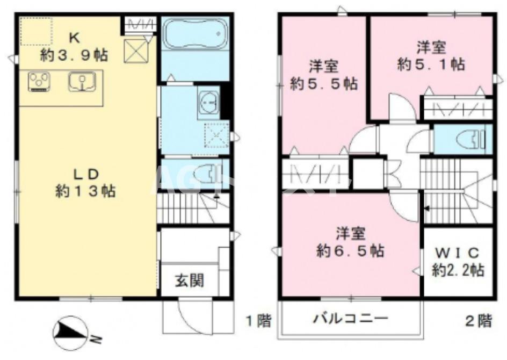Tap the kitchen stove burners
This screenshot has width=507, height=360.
coord(39,82)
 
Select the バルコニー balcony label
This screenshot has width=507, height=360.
coord(351,319)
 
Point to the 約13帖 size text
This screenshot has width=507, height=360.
coord(85,191)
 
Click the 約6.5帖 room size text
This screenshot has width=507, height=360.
coord(350,250)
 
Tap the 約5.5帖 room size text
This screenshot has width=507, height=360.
coord(324,84)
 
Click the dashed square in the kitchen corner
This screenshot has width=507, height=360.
coord(36,31)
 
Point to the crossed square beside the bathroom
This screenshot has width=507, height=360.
coord(136,51)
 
